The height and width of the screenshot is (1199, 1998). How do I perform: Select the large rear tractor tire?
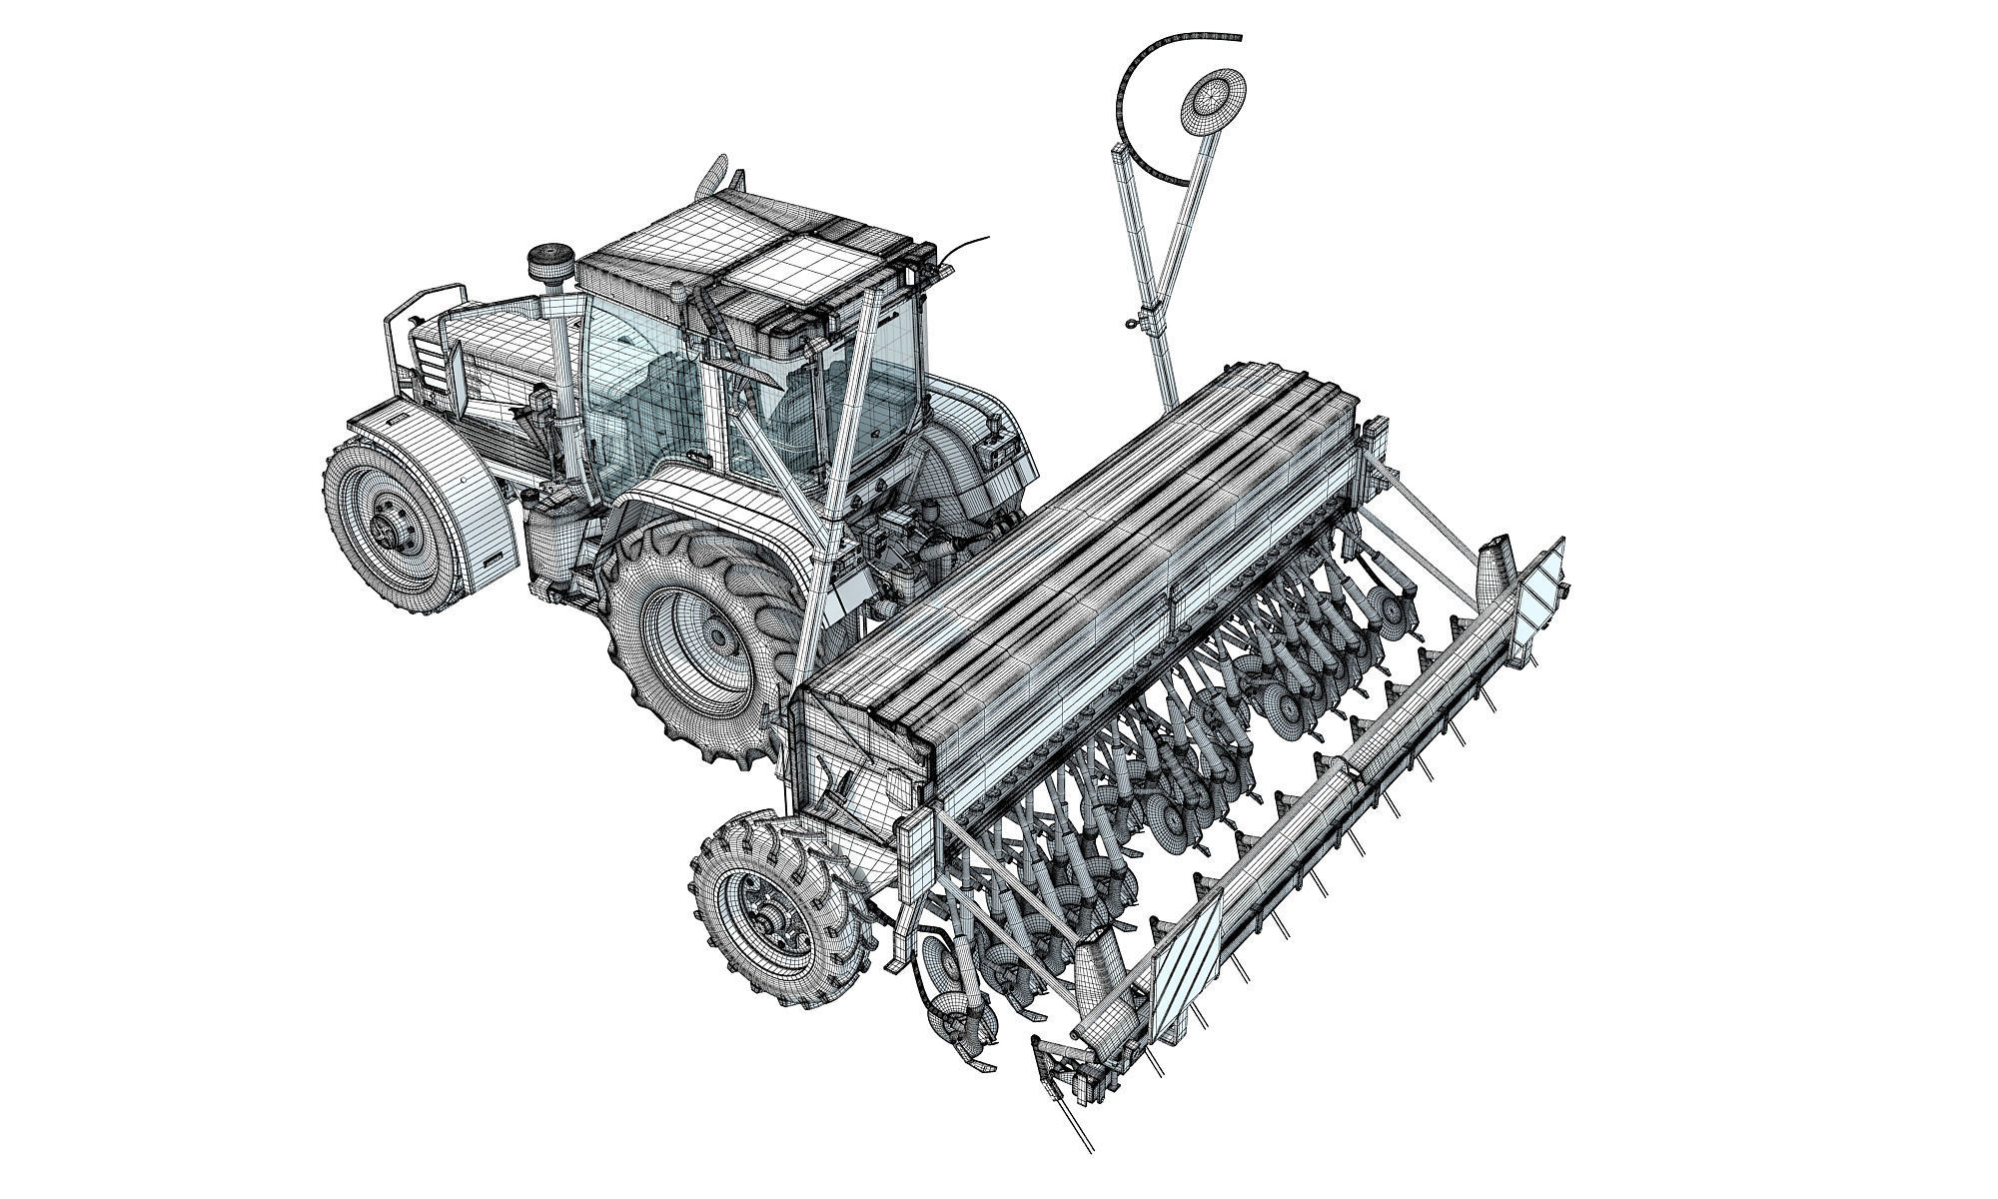[689, 639]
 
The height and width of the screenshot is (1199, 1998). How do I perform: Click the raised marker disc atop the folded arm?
[1211, 99]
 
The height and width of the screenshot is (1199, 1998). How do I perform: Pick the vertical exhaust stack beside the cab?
[559, 370]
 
